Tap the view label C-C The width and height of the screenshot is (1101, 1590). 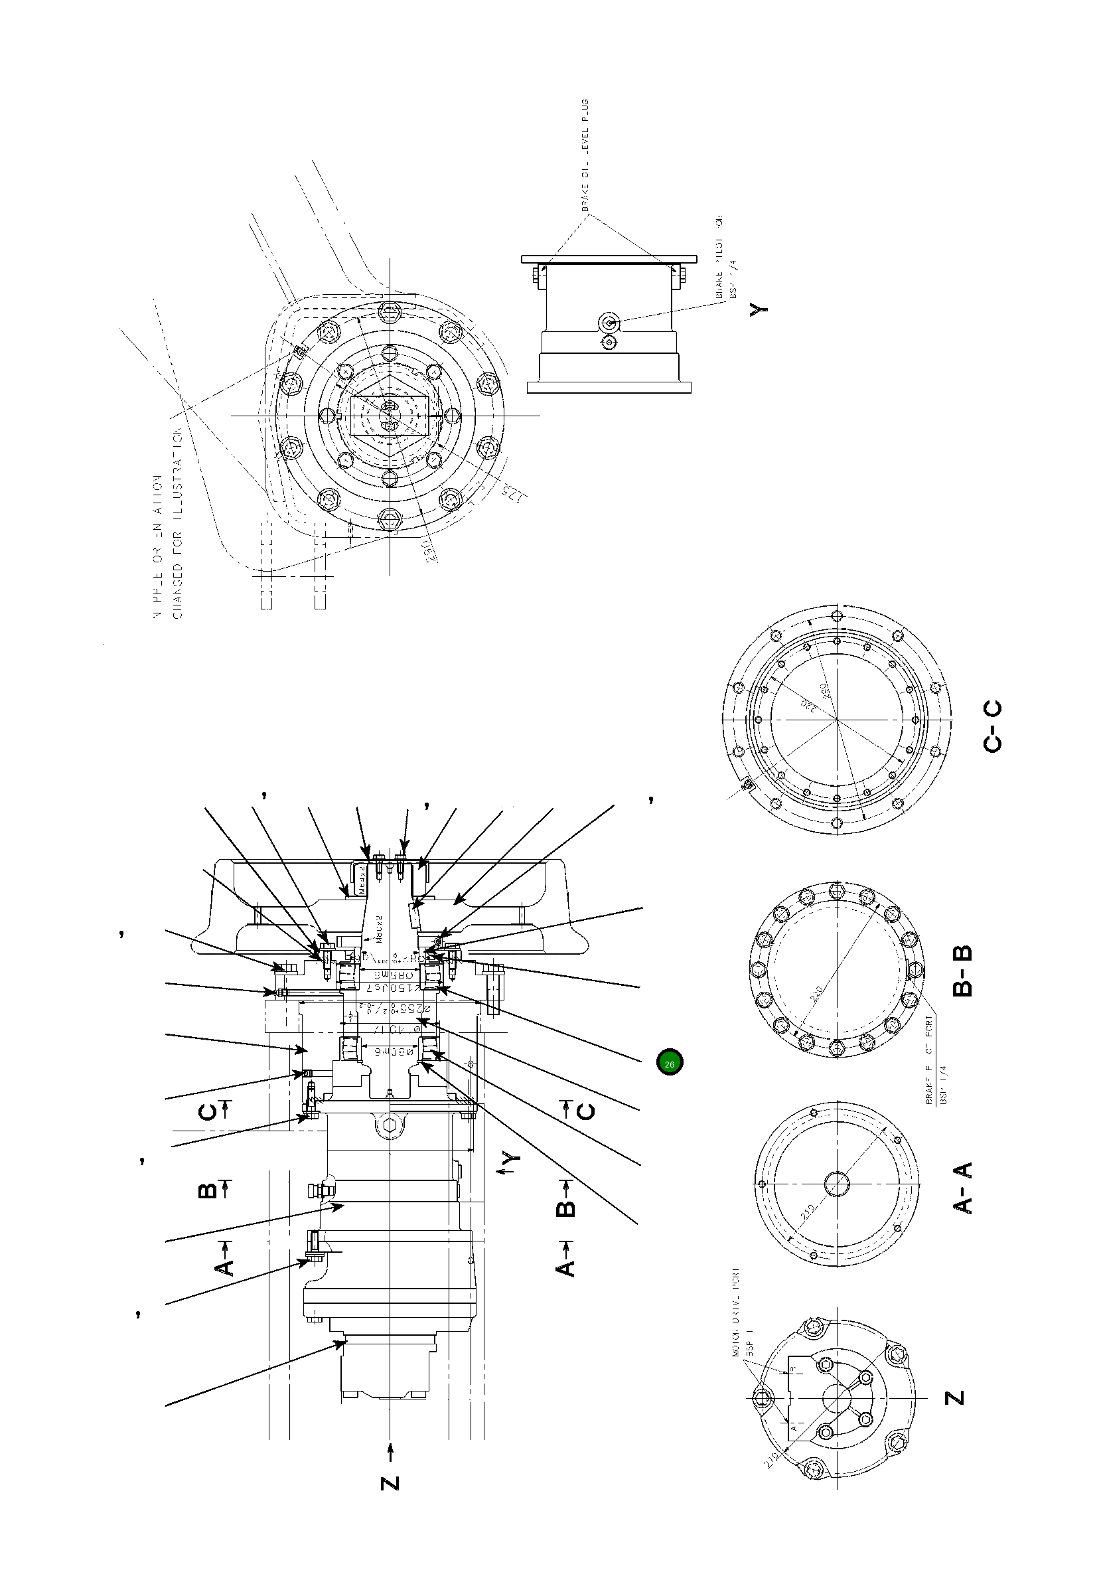pyautogui.click(x=993, y=726)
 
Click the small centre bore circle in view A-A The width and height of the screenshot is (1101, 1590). pyautogui.click(x=837, y=1184)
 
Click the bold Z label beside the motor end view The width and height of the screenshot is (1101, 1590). pyautogui.click(x=955, y=1397)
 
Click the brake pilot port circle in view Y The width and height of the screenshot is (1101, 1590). pyautogui.click(x=609, y=322)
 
